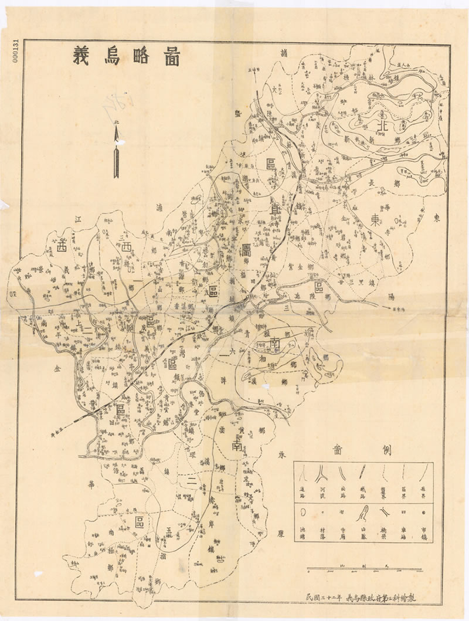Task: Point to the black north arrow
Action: click(x=116, y=150)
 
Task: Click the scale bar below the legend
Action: click(x=363, y=568)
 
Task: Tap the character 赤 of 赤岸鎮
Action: click(x=210, y=499)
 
